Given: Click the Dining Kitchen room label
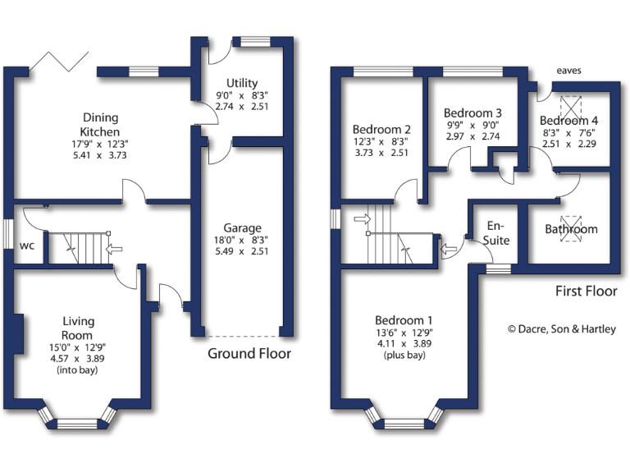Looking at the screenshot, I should pyautogui.click(x=99, y=124).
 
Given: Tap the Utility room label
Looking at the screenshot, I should pyautogui.click(x=242, y=83).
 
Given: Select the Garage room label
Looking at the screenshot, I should pyautogui.click(x=242, y=227).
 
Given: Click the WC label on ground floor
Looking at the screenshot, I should pyautogui.click(x=26, y=245).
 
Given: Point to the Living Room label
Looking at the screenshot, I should pyautogui.click(x=78, y=328).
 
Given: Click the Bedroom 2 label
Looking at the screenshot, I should pyautogui.click(x=381, y=129).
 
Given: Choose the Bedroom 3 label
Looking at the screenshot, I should pyautogui.click(x=472, y=113).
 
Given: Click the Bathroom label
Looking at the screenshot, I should pyautogui.click(x=571, y=229).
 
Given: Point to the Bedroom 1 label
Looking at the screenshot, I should pyautogui.click(x=404, y=319).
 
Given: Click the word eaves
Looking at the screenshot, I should pyautogui.click(x=568, y=71).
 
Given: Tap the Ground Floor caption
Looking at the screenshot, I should pyautogui.click(x=249, y=354).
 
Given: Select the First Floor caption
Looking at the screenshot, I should pyautogui.click(x=587, y=291).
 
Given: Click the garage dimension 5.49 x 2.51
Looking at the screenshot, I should pyautogui.click(x=242, y=253).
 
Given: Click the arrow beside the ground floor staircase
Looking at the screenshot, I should pyautogui.click(x=114, y=248).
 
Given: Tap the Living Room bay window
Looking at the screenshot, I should pyautogui.click(x=79, y=423).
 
